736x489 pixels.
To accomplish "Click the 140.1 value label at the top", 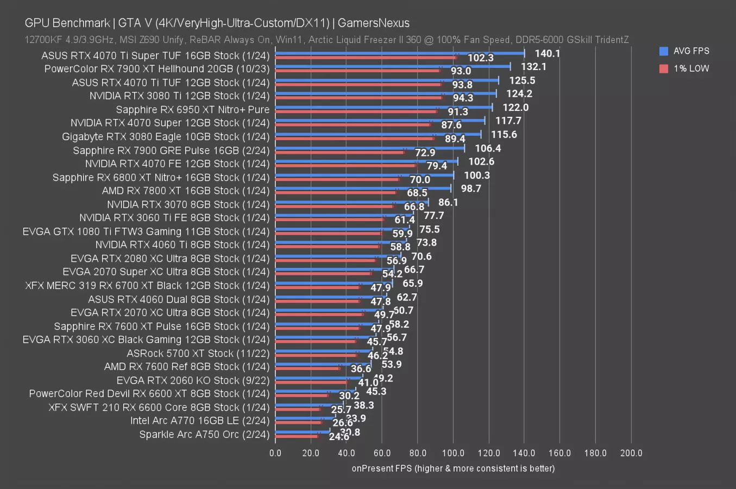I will point(547,53).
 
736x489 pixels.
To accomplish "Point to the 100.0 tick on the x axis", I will point(453,453).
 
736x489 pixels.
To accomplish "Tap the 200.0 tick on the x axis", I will point(631,453).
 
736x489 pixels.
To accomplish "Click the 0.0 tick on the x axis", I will point(275,453).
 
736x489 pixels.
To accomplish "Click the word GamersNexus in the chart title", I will point(373,23).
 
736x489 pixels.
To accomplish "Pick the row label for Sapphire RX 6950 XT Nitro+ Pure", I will point(193,109).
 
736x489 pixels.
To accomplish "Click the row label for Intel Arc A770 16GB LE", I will point(200,421).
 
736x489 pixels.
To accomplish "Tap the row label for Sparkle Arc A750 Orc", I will point(204,434).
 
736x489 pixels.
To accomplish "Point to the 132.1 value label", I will point(533,66).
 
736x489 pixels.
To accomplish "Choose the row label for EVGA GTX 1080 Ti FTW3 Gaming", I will point(146,231).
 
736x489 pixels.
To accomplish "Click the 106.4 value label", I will point(488,148).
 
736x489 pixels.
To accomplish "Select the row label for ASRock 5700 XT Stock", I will point(198,353).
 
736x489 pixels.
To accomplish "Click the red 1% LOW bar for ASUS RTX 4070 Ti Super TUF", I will point(366,57).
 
